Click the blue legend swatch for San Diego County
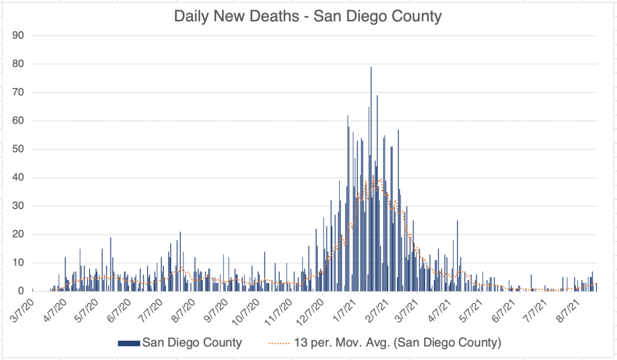click(x=128, y=343)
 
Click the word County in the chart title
click(x=416, y=16)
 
